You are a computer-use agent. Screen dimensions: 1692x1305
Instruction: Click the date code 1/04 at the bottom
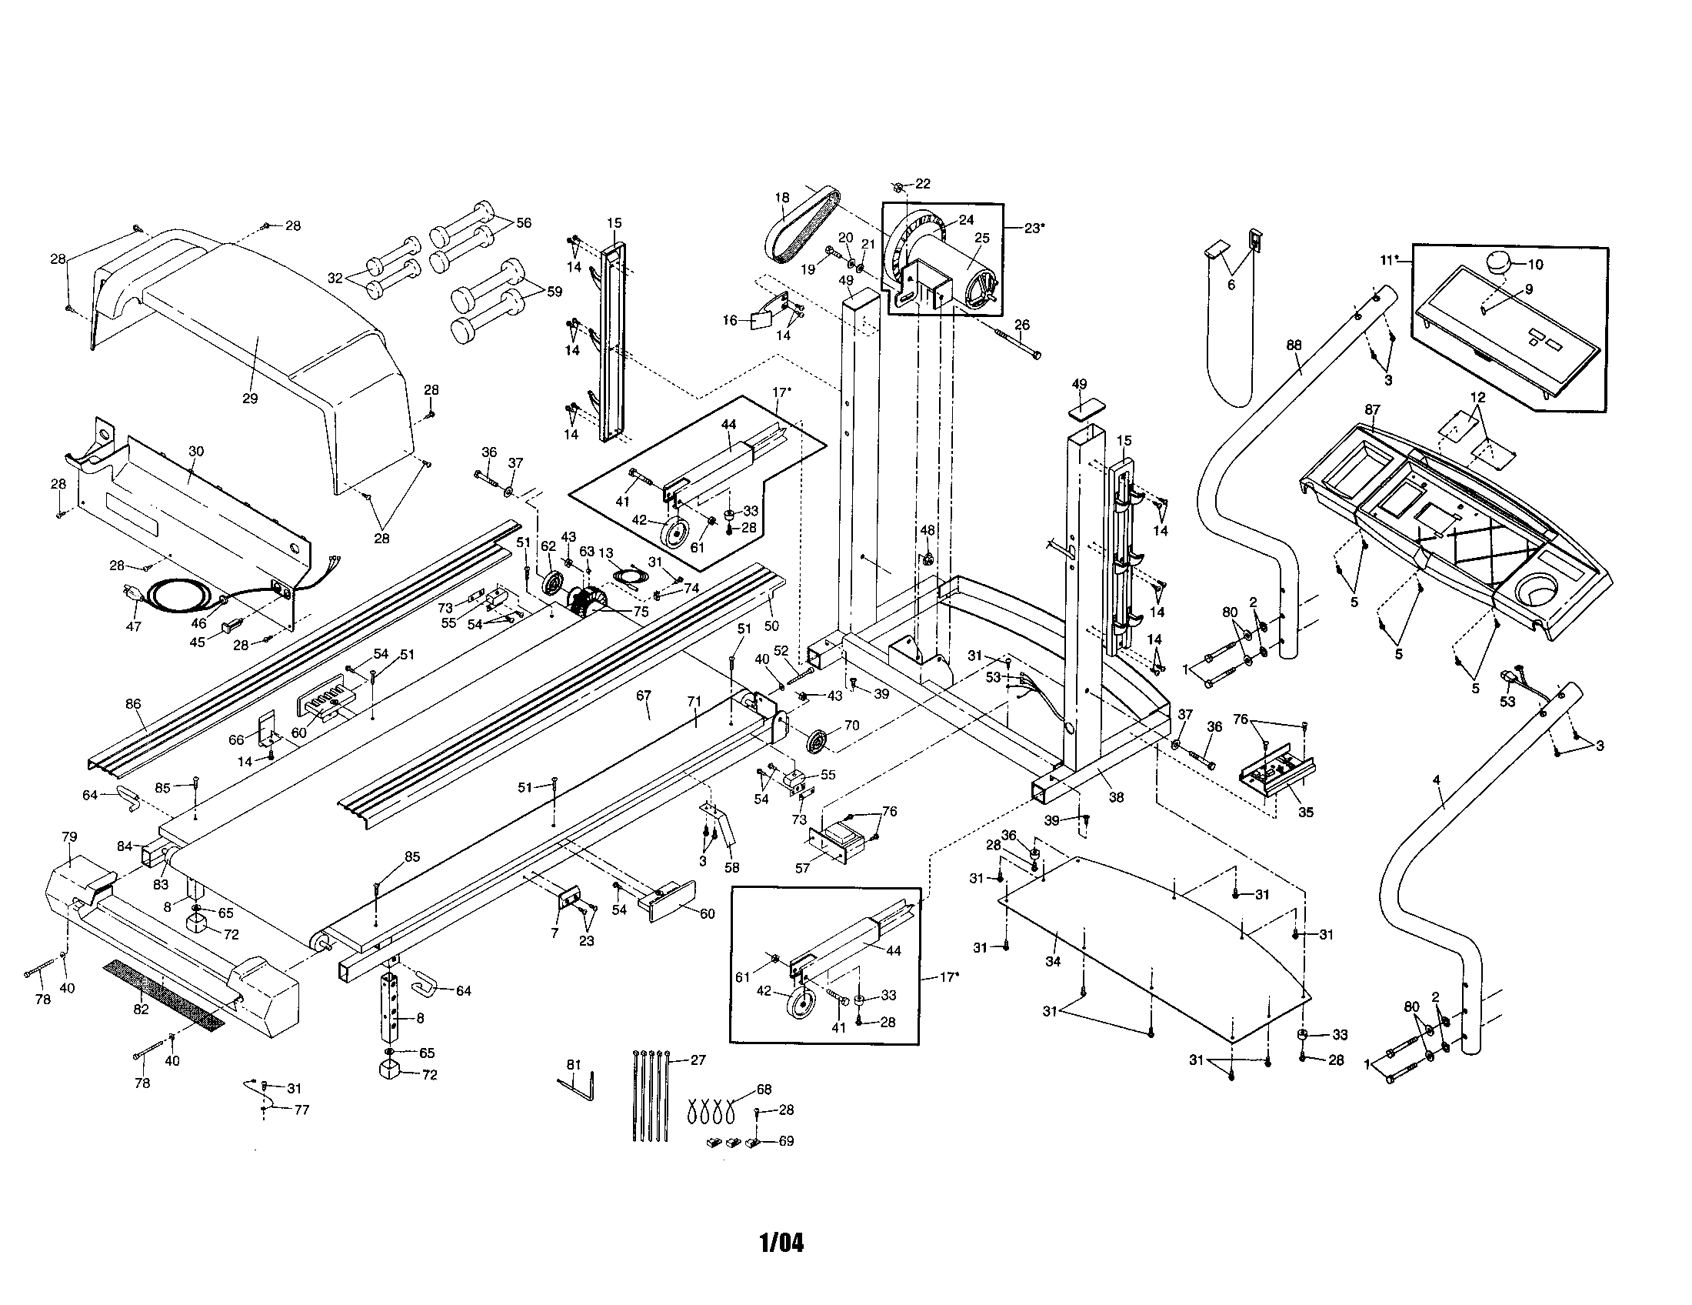click(x=781, y=1243)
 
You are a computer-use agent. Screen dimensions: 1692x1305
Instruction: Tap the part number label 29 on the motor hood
click(x=249, y=399)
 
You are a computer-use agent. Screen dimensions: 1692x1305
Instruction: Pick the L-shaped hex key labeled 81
click(x=576, y=1086)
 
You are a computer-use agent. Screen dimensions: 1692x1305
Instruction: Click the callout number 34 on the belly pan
click(x=1052, y=962)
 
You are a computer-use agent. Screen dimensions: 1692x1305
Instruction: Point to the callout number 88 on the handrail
click(x=1294, y=345)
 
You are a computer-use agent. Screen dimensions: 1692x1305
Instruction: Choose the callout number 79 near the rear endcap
click(x=69, y=837)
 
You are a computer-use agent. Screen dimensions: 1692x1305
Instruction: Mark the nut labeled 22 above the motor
click(x=897, y=187)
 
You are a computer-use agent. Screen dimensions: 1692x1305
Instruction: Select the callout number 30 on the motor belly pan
click(x=196, y=451)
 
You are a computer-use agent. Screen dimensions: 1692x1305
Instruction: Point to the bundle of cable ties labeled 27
click(x=650, y=1095)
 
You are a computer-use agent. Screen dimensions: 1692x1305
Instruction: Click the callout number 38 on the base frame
click(x=1116, y=796)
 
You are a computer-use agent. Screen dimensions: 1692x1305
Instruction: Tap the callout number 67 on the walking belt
click(x=644, y=695)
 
